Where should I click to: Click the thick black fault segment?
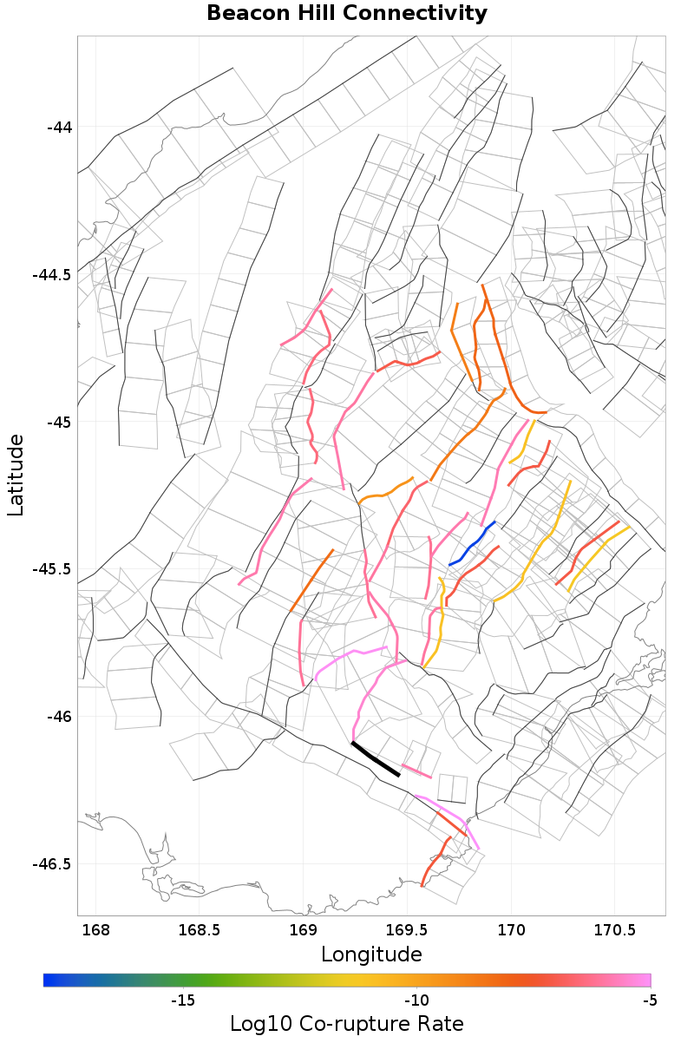376,759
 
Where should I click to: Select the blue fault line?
471,544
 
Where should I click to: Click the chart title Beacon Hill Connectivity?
347,14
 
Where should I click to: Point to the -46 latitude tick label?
58,717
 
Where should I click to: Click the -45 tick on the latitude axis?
58,423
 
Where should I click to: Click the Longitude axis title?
371,954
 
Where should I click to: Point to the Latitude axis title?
16,476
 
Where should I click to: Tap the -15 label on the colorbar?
182,1000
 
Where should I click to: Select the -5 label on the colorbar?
649,1000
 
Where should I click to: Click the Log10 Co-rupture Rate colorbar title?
346,1023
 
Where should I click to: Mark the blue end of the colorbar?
47,981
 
